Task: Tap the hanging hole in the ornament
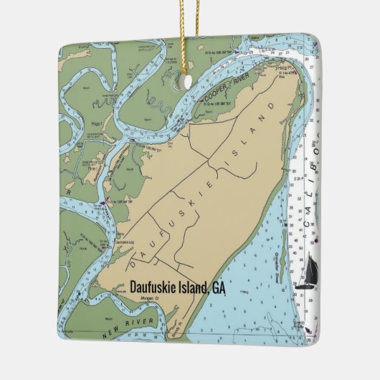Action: coord(187,81)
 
